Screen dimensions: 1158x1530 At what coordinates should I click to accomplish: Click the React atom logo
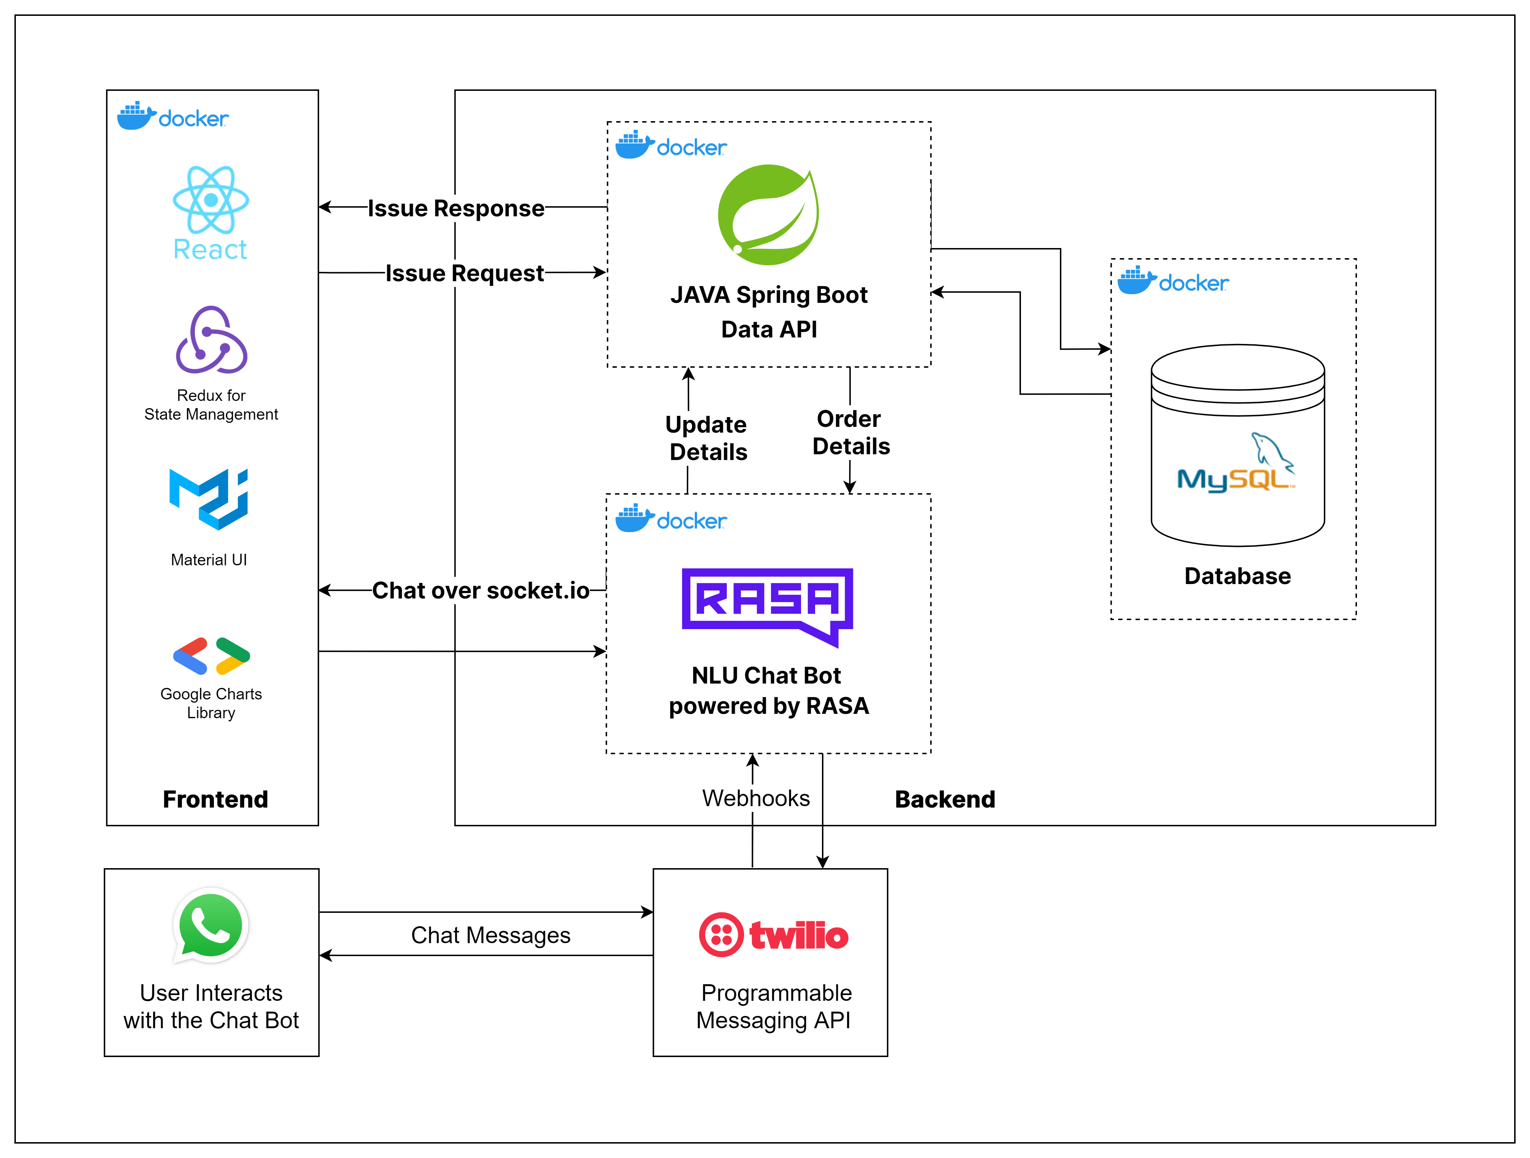[x=211, y=200]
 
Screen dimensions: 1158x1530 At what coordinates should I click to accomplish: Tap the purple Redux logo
[x=211, y=340]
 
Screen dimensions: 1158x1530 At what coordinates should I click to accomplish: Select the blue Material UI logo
[x=209, y=499]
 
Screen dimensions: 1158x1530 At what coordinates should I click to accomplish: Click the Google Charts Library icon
[x=211, y=656]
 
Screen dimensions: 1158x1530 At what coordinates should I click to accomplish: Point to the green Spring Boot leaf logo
[x=769, y=215]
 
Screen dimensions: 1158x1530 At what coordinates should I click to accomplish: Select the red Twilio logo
[x=773, y=934]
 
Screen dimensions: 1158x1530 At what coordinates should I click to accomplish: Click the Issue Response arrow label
[x=456, y=208]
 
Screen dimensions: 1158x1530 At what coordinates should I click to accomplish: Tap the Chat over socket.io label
[x=481, y=591]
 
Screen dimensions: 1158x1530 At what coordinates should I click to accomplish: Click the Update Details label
[x=707, y=438]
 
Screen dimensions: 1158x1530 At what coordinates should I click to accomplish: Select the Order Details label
[x=850, y=432]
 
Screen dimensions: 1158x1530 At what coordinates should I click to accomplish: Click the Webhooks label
[x=755, y=798]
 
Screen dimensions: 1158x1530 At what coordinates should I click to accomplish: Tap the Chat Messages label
[x=490, y=935]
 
